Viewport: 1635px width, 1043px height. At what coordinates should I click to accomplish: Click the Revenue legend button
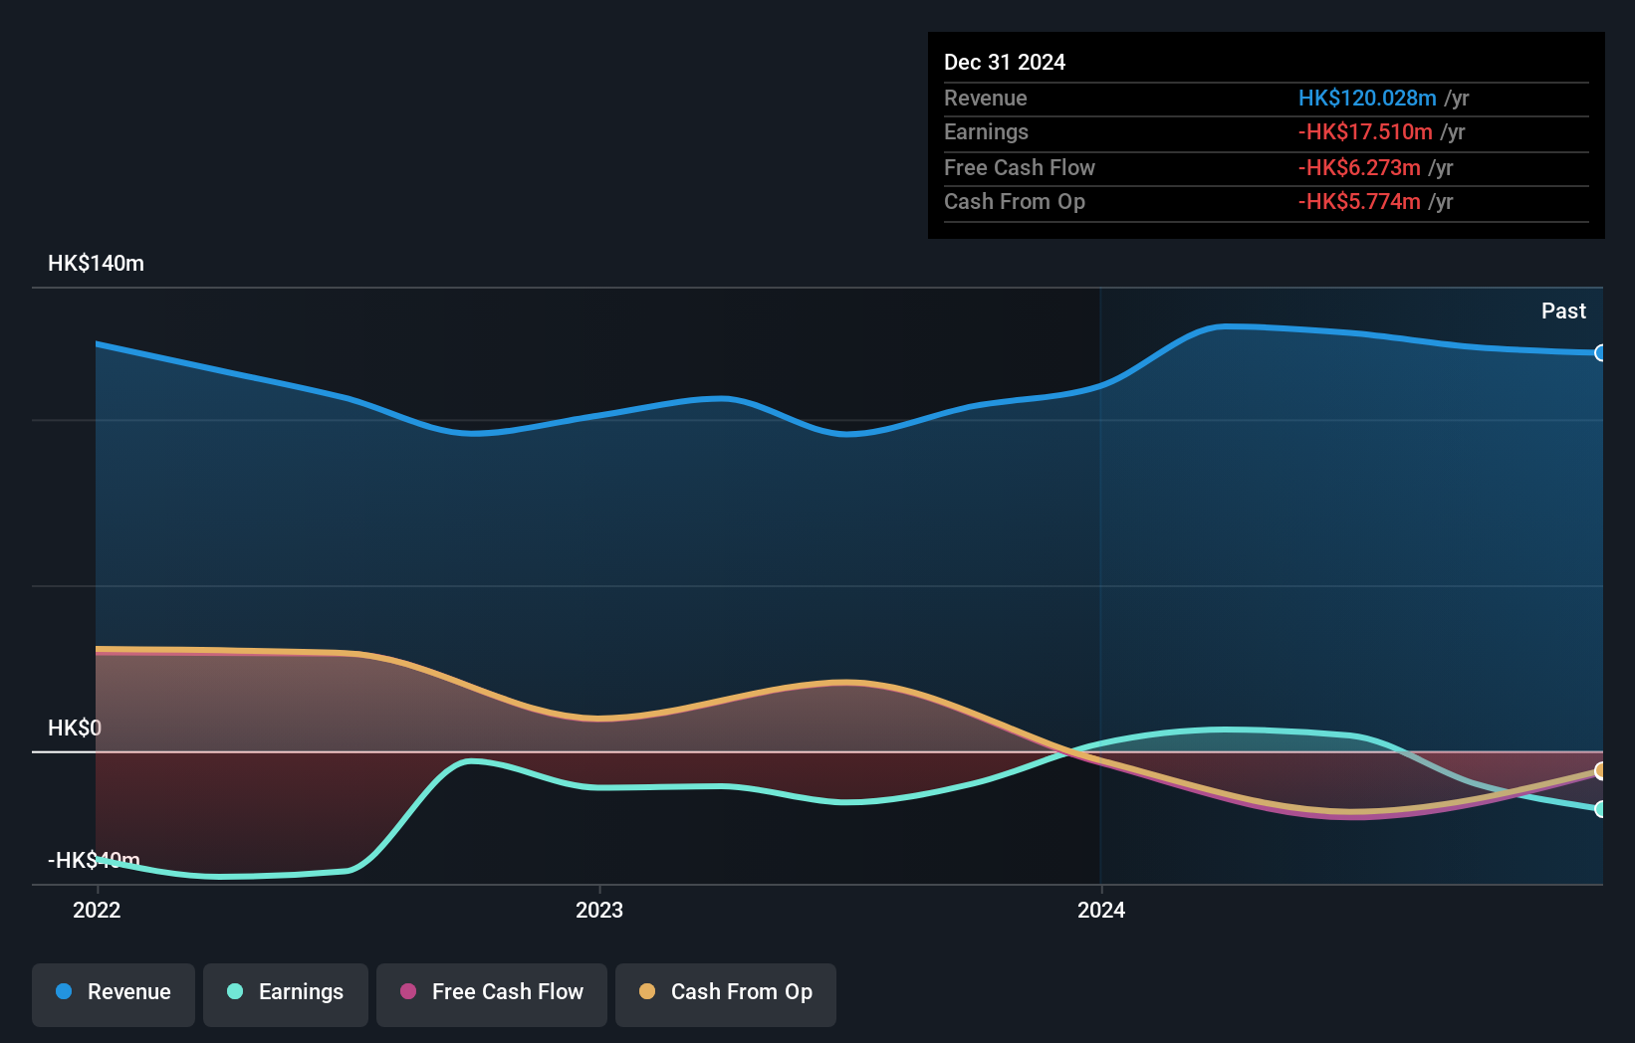tap(114, 993)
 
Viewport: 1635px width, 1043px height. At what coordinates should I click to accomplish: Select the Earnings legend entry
tap(286, 993)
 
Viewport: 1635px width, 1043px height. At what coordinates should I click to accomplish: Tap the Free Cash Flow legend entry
tap(492, 993)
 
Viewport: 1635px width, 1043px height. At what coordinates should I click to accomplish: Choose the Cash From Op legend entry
tap(726, 993)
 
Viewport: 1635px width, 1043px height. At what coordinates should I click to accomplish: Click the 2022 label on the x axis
tap(97, 910)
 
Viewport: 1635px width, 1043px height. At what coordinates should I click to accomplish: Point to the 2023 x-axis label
tap(599, 910)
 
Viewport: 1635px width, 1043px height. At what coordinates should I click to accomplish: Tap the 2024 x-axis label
tap(1101, 910)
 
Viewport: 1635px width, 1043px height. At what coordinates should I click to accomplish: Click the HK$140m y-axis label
tap(96, 264)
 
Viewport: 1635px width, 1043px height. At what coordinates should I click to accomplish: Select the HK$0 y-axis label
tap(75, 728)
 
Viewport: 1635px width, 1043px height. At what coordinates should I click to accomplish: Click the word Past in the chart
tap(1563, 312)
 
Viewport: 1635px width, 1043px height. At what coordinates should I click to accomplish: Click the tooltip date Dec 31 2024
tap(1005, 63)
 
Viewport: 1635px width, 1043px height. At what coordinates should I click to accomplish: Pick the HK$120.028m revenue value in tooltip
tap(1367, 99)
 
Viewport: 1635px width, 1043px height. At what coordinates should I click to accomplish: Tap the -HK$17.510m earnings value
tap(1365, 132)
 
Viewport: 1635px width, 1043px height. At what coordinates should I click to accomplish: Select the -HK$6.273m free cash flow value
tap(1359, 168)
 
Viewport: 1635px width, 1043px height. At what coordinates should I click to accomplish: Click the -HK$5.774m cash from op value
tap(1359, 202)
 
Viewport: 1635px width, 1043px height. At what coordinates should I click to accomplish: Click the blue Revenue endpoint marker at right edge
tap(1600, 353)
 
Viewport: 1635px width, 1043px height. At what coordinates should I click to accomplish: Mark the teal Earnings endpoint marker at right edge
tap(1600, 809)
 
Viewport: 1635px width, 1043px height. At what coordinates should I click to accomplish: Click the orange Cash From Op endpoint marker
tap(1600, 770)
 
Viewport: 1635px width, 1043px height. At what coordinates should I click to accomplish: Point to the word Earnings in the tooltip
tap(986, 132)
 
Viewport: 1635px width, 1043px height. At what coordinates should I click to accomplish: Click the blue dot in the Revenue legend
tap(64, 991)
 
